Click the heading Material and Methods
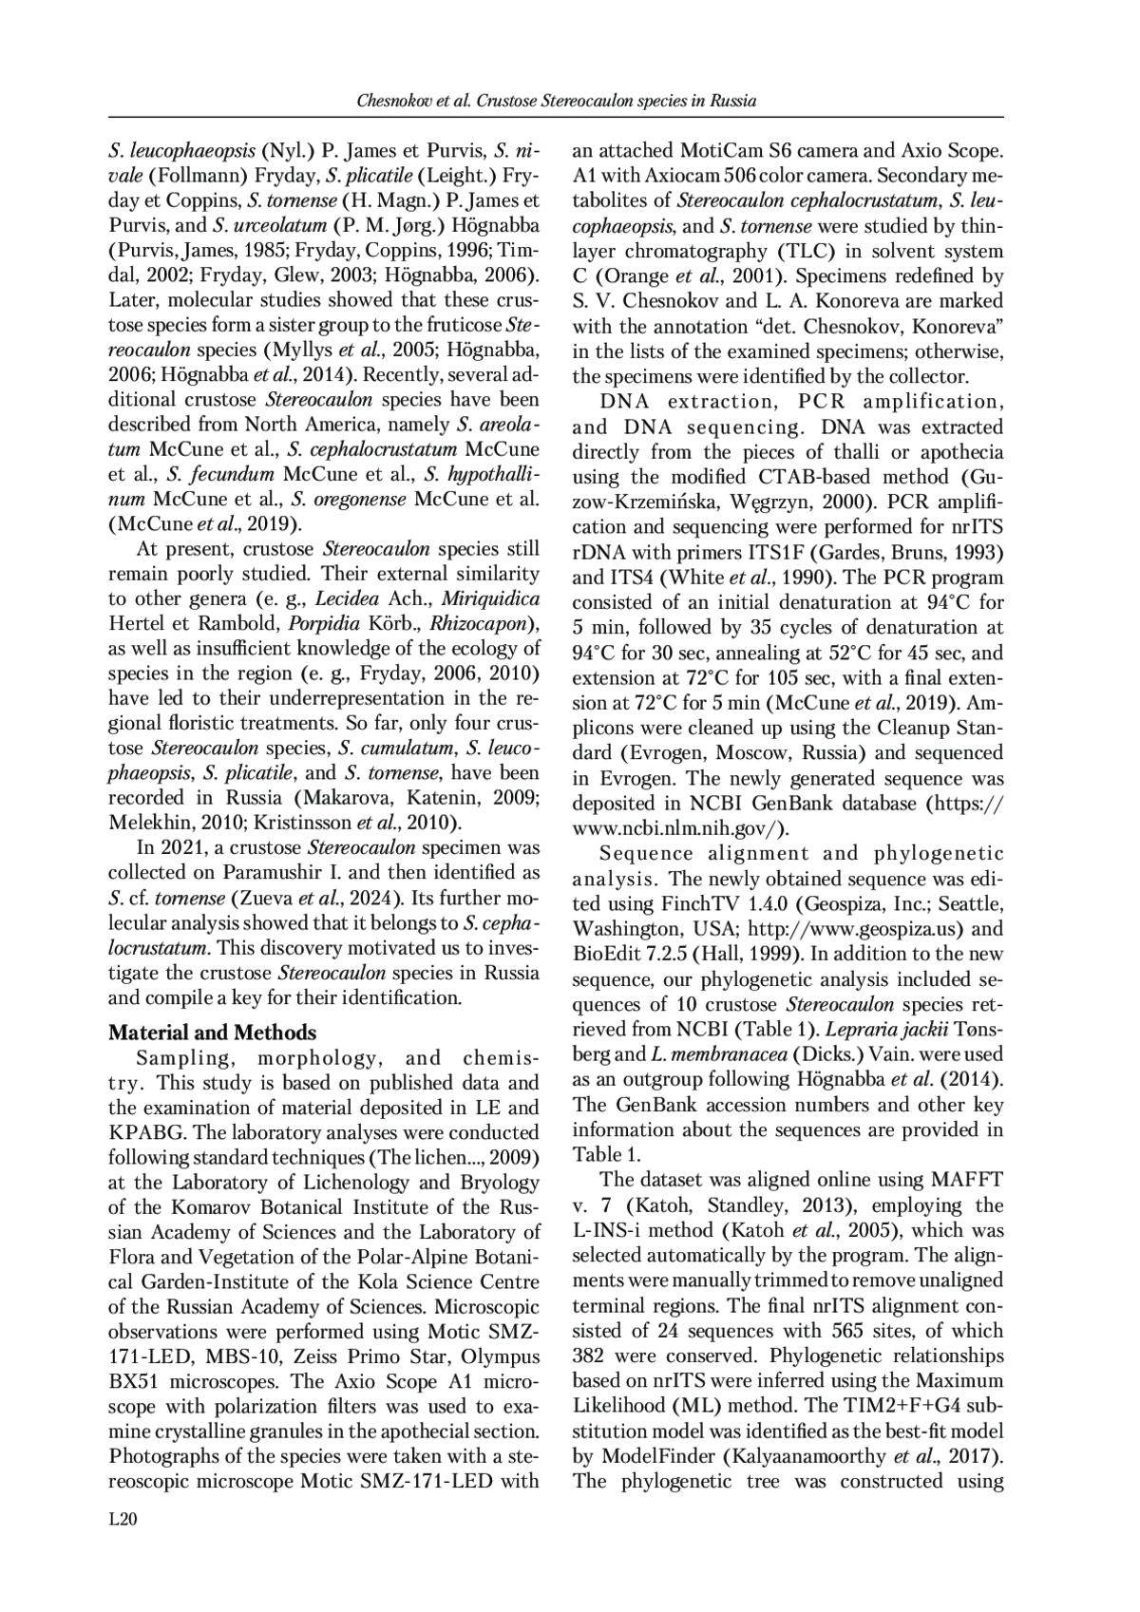point(212,1033)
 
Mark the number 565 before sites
point(847,1331)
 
